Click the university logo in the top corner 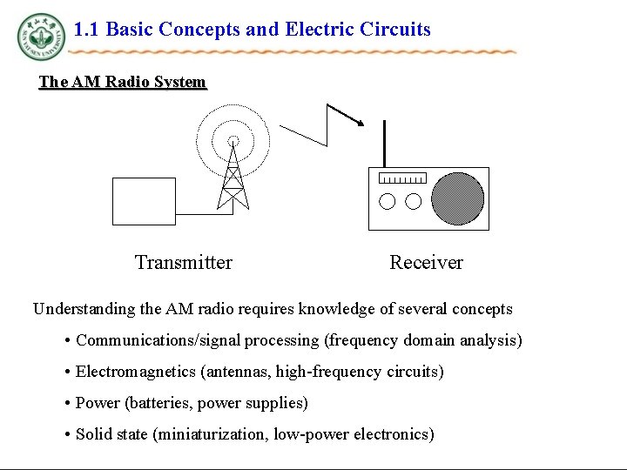[x=40, y=37]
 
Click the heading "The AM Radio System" [x=122, y=83]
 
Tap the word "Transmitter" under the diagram [x=184, y=263]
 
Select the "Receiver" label [x=426, y=263]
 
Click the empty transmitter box [x=144, y=200]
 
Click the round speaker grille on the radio [x=457, y=198]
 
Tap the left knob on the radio [x=388, y=202]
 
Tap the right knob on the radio [x=414, y=202]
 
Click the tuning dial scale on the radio [x=403, y=179]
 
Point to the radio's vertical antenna [x=384, y=144]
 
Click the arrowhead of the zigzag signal [x=357, y=121]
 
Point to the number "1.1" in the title [x=87, y=30]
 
